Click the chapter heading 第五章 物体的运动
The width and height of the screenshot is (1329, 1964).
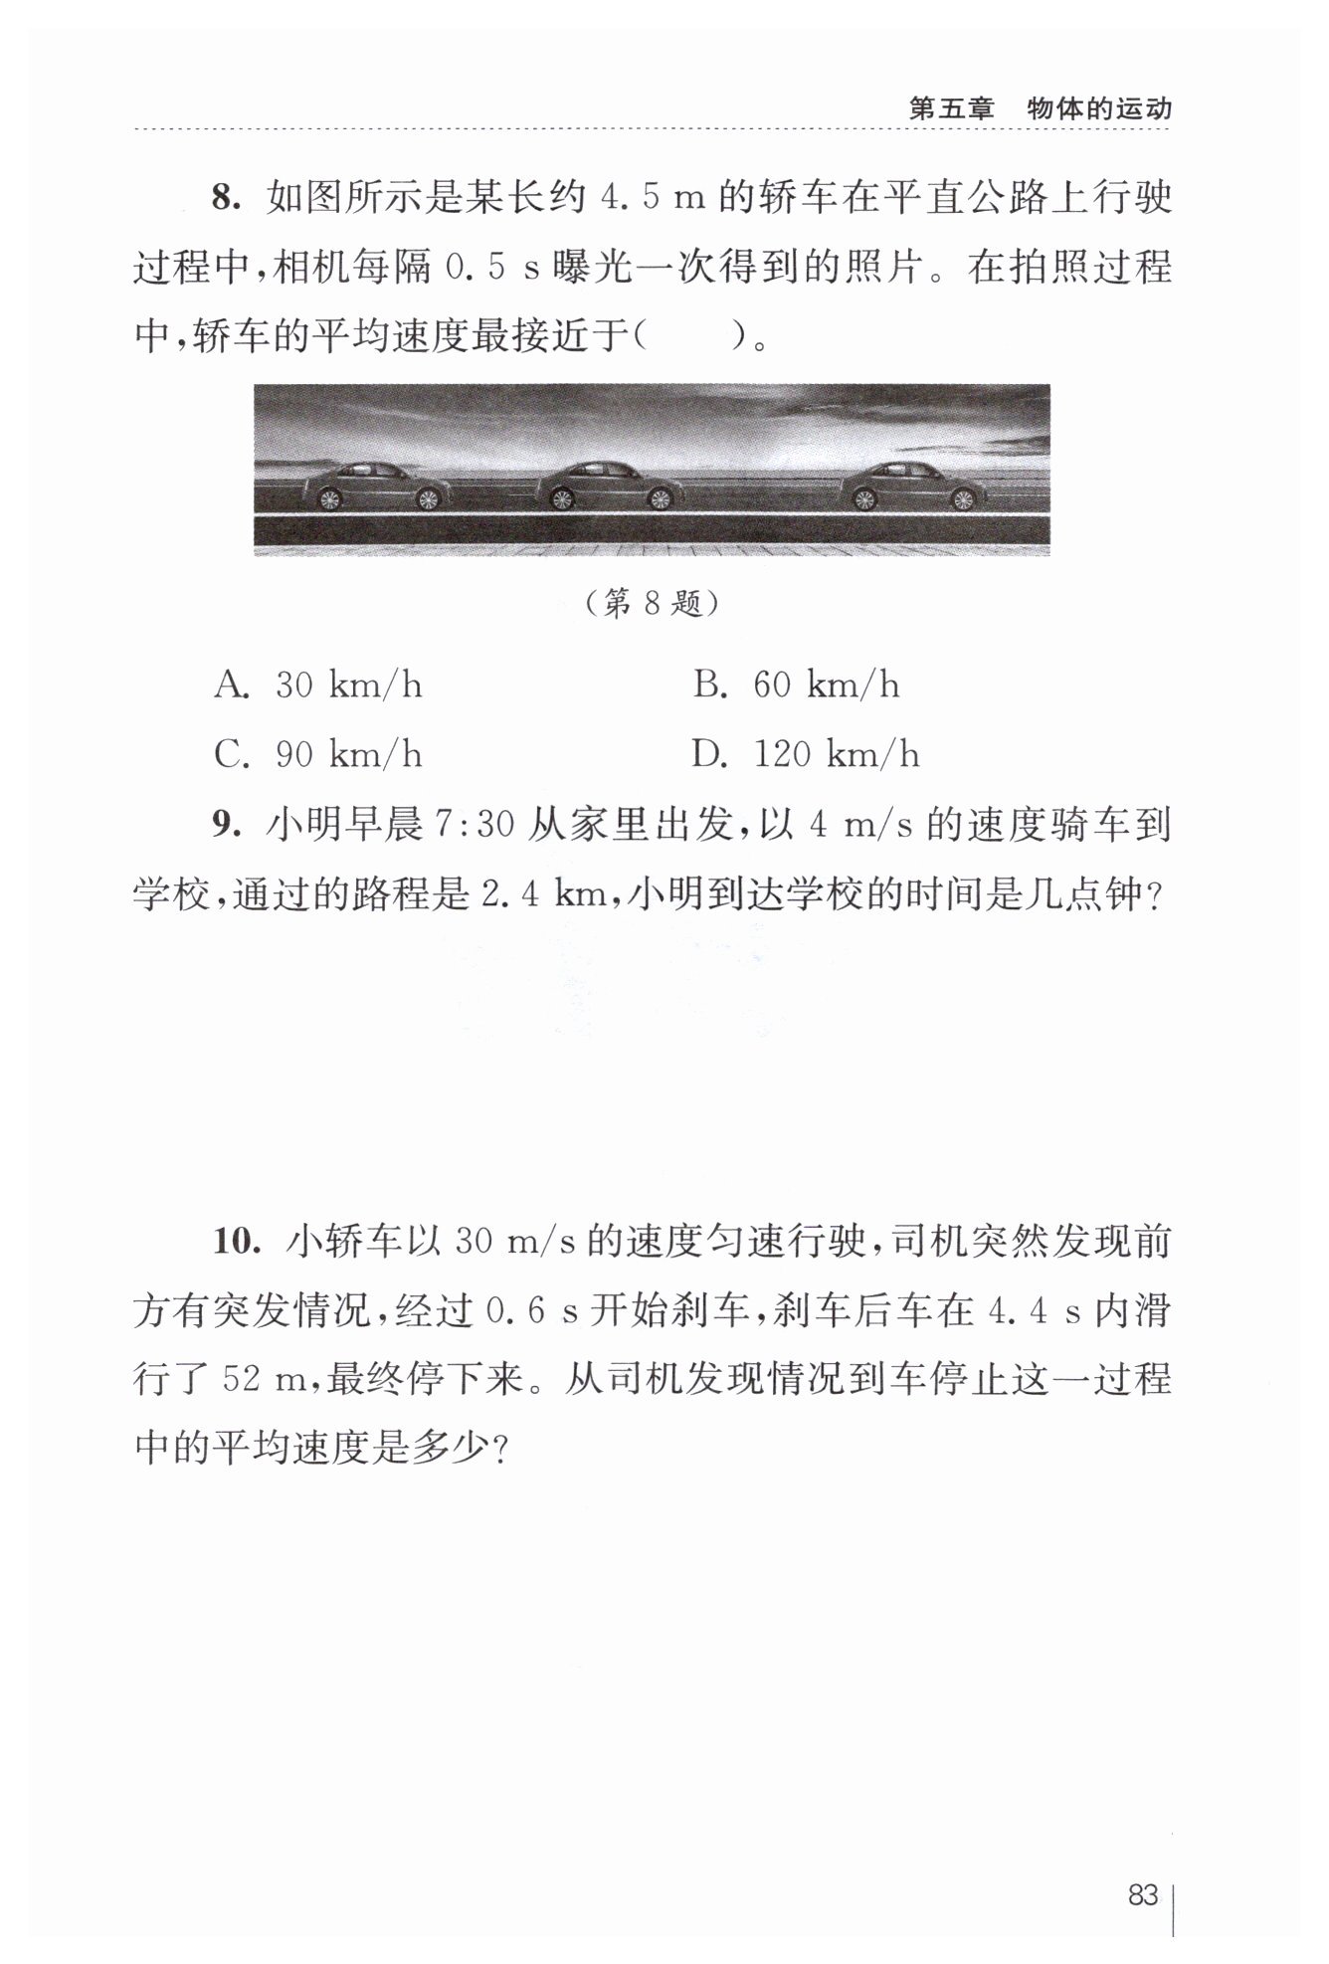[1041, 107]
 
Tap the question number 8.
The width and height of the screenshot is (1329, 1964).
[225, 198]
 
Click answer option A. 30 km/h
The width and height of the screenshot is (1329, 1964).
[318, 686]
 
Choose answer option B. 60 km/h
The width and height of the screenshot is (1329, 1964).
[796, 686]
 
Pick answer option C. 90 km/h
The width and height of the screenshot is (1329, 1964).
[318, 754]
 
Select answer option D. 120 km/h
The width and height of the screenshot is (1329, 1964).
[806, 754]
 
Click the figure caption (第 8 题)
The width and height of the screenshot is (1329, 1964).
[652, 603]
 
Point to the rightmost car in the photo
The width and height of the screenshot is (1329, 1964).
[909, 487]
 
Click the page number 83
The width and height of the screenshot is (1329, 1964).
[1143, 1894]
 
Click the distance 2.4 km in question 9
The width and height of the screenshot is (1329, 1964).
[544, 895]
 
